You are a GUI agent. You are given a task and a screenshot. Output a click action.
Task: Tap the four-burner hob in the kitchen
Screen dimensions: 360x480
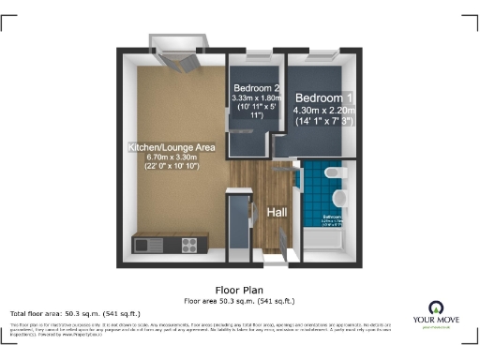(x=188, y=244)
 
